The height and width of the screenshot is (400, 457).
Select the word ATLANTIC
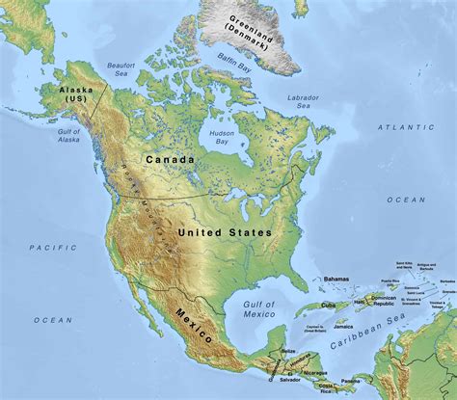tap(406, 127)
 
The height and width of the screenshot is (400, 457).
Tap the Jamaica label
tap(335, 329)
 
